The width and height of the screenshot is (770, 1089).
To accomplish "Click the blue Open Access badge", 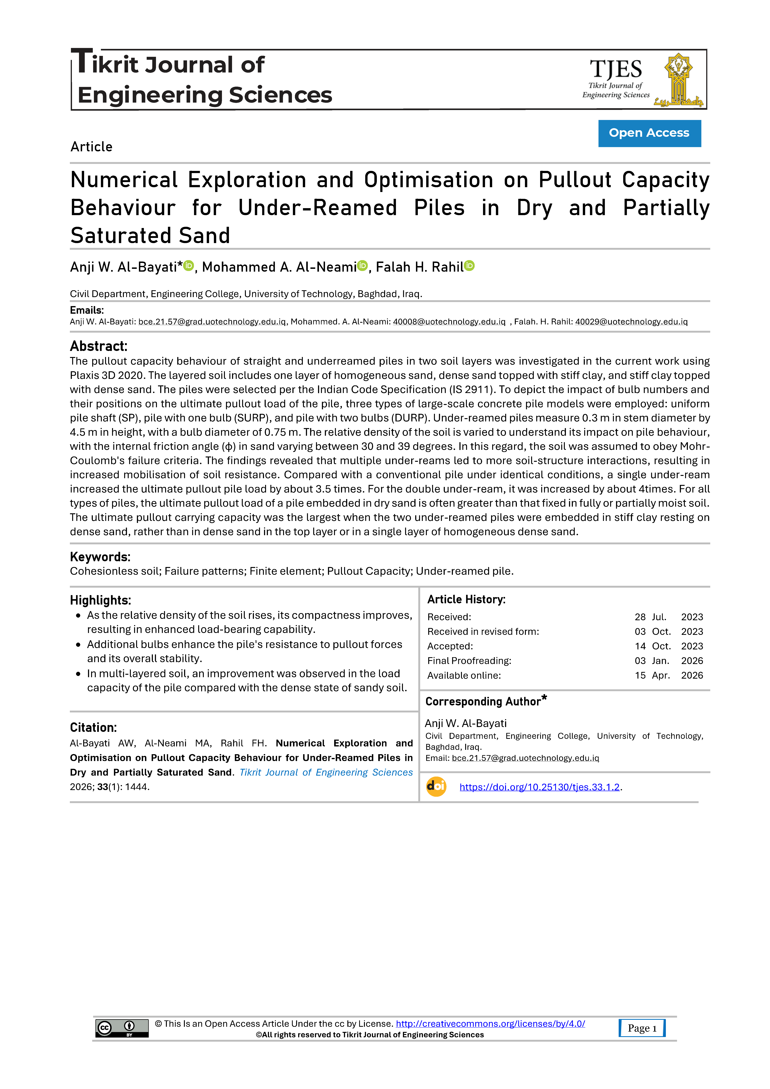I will point(649,133).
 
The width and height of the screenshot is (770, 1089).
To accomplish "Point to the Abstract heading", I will point(99,346).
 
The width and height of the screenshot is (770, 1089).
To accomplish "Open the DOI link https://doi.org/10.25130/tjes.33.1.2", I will point(539,787).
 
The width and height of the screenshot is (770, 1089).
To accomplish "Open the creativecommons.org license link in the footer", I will point(490,1023).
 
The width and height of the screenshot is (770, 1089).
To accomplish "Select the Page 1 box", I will point(642,1028).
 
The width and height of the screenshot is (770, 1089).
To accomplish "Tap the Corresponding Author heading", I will point(483,701).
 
